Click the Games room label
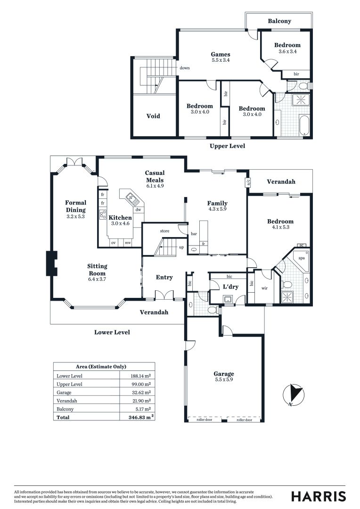(x=221, y=55)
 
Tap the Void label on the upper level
(x=153, y=116)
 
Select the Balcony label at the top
(x=279, y=21)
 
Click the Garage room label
(x=224, y=374)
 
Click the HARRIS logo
(x=319, y=496)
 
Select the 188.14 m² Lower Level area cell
(x=140, y=376)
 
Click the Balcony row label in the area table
(x=65, y=409)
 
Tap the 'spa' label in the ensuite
(x=301, y=258)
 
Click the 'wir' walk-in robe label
(x=264, y=288)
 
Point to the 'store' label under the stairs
(x=164, y=231)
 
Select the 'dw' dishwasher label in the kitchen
(x=138, y=210)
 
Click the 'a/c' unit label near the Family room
(x=249, y=182)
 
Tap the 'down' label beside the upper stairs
(x=185, y=68)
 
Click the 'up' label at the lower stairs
(x=181, y=247)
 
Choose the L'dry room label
(x=231, y=287)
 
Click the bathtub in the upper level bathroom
(x=304, y=125)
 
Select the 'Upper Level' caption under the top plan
(x=227, y=146)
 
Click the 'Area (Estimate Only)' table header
(x=101, y=367)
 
